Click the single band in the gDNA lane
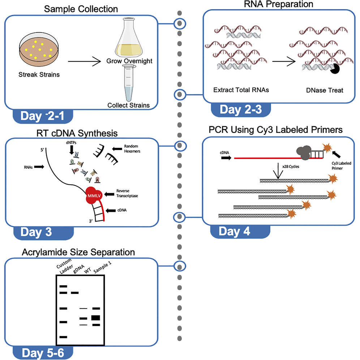pos(74,293)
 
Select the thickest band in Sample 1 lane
pos(96,318)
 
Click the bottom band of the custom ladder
pos(63,337)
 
